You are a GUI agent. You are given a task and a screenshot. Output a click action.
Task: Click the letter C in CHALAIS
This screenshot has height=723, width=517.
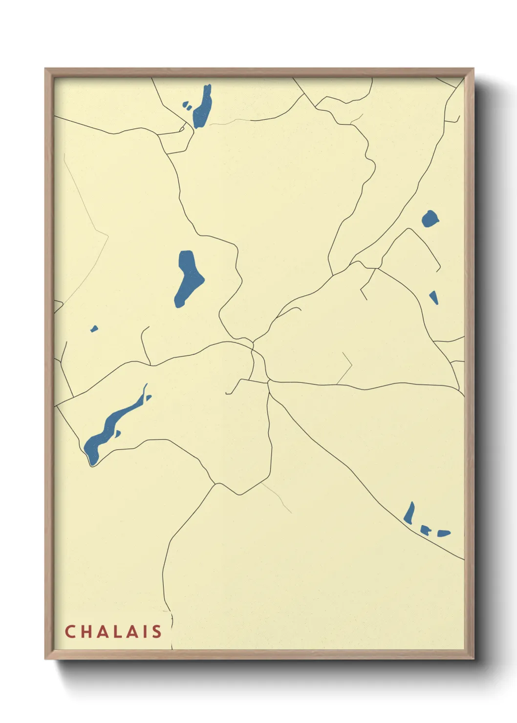pos(70,632)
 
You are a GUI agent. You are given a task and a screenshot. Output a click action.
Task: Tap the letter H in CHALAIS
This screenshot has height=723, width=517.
pos(86,632)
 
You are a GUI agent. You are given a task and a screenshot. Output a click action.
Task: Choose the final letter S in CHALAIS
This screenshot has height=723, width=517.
pos(157,632)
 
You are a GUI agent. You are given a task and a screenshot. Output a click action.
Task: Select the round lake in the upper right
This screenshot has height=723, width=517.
pos(430,218)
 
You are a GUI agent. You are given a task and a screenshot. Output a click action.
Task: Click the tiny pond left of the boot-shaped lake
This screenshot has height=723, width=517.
pos(94,329)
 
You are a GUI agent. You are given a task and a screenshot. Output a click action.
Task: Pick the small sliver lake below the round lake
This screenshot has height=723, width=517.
pos(434,297)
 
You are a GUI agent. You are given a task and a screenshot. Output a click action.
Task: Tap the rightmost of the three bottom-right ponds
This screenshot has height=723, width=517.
pos(443,533)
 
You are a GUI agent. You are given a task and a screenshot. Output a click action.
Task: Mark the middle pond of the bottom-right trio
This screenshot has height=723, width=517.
pos(425,531)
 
